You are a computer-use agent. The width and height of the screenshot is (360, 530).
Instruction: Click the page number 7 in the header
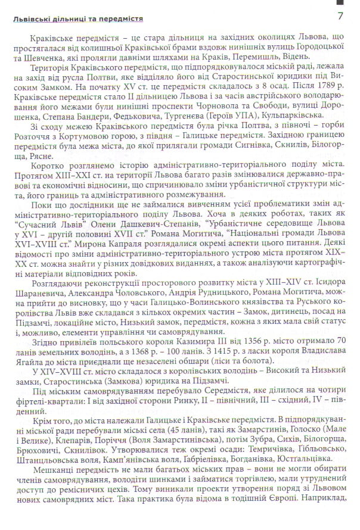(x=340, y=15)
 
